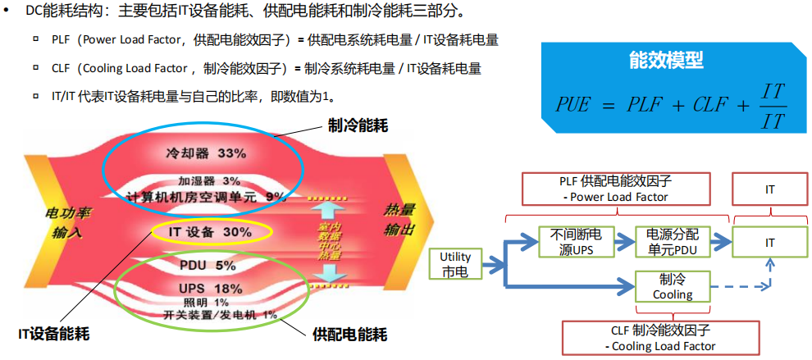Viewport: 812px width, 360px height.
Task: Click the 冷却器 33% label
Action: (205, 153)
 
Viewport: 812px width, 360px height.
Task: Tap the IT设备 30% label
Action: (210, 232)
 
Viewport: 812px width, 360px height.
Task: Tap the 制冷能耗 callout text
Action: (357, 125)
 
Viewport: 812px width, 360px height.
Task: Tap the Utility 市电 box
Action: (455, 264)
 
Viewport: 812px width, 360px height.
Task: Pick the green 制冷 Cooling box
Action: (673, 286)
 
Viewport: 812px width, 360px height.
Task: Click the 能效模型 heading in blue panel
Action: (665, 60)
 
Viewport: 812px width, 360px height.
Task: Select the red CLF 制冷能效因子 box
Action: (664, 338)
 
